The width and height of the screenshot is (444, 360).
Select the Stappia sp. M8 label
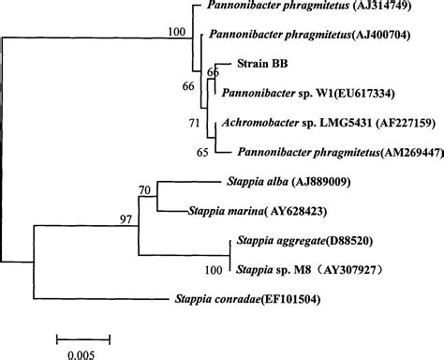click(264, 271)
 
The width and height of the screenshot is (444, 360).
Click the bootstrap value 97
click(126, 219)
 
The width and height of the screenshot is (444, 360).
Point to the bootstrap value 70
click(144, 190)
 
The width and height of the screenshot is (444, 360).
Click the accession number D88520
click(347, 241)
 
